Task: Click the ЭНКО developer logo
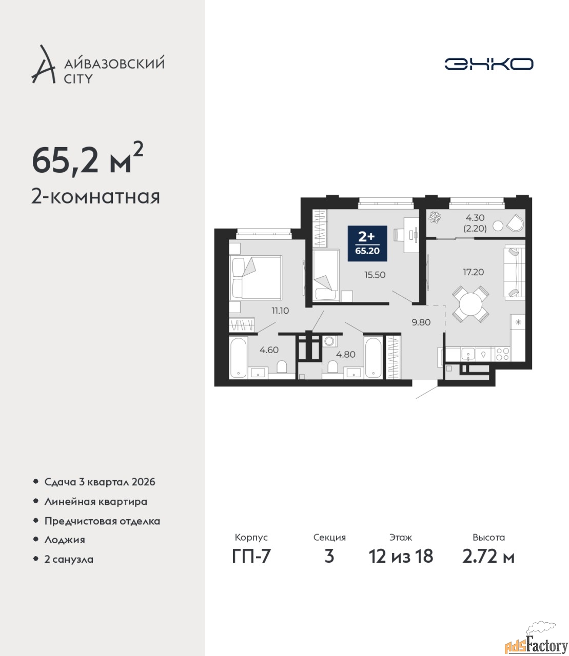tap(488, 64)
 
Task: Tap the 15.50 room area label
tap(375, 275)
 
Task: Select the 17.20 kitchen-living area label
tap(474, 272)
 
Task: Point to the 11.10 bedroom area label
tap(280, 311)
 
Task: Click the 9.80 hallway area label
tap(421, 322)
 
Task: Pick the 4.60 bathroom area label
tap(269, 350)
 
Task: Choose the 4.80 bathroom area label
tap(346, 354)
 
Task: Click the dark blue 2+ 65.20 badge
tap(367, 243)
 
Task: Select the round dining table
tap(470, 304)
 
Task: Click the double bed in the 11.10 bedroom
tap(256, 277)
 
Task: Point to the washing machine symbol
tap(328, 341)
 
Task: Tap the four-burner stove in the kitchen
tap(502, 354)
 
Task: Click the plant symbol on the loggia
tap(434, 218)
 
